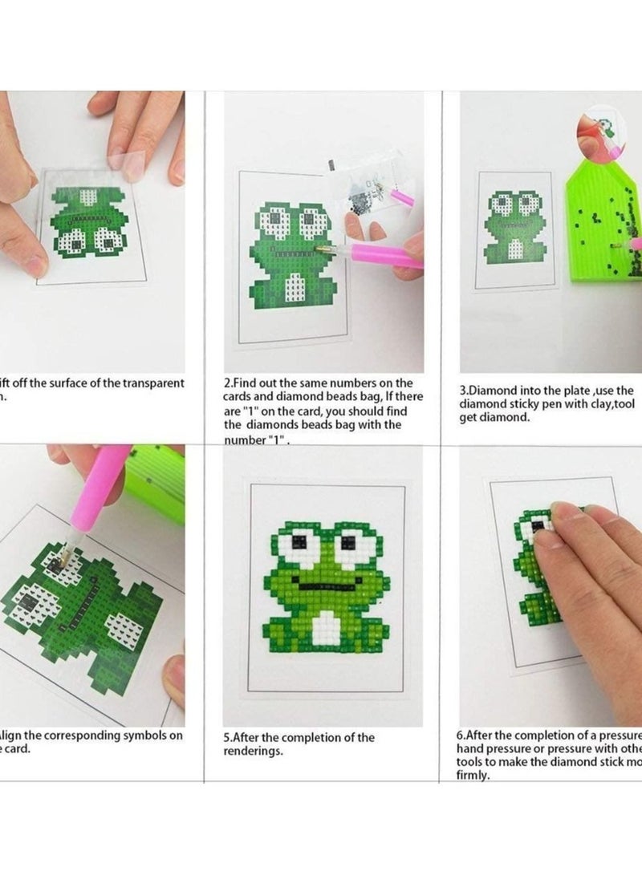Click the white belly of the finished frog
[323, 625]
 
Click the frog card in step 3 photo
[514, 229]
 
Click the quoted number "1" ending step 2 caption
[274, 440]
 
